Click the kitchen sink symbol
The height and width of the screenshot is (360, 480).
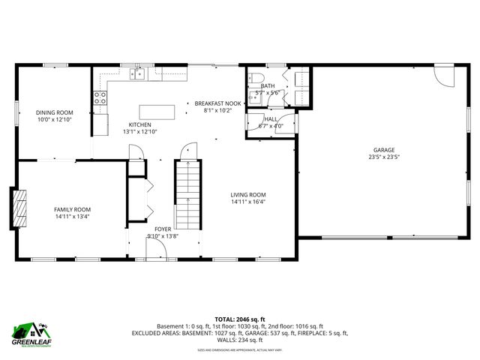137,73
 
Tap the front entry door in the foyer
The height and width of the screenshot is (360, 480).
156,252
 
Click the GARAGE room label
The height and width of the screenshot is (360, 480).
384,149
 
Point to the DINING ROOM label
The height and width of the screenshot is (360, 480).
54,112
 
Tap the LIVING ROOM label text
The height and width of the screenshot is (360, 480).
247,194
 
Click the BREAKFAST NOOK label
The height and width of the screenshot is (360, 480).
218,103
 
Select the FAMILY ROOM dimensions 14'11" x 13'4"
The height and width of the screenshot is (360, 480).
72,217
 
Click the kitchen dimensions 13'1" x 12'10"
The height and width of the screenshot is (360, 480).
140,132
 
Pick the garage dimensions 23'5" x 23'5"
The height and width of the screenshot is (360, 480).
384,157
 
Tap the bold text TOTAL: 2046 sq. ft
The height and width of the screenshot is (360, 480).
239,319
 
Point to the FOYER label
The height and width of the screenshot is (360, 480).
163,228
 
